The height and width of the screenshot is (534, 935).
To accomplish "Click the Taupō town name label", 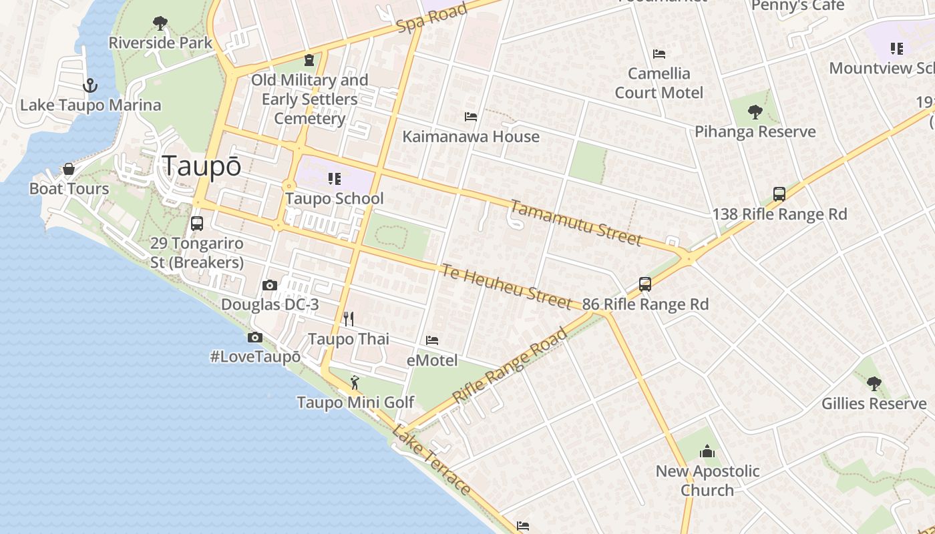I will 201,167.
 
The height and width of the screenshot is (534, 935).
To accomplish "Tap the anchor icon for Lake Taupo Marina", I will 89,85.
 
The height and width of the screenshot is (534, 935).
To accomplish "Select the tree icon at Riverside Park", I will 160,24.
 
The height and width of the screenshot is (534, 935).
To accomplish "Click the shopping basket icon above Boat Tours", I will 68,169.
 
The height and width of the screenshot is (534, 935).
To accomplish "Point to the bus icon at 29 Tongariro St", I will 196,224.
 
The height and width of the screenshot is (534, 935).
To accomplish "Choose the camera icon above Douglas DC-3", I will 270,285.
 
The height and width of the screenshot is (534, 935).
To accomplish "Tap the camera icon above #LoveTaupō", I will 255,338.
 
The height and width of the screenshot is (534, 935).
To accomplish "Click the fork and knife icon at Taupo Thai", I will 348,318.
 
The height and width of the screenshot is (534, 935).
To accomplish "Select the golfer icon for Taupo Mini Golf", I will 355,382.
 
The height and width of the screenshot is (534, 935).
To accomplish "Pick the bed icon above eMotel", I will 432,340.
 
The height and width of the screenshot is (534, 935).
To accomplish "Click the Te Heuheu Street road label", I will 506,286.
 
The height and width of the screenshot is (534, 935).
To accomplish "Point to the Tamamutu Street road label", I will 576,222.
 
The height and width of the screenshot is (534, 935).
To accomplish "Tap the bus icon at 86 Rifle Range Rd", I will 644,284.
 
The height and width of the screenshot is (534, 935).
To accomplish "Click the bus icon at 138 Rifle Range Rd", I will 779,194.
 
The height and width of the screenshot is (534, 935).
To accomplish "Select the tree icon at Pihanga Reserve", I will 755,111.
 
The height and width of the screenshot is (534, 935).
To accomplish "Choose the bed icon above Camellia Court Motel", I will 659,53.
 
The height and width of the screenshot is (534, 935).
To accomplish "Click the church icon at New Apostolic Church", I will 707,452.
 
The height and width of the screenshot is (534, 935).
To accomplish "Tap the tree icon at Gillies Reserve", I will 874,383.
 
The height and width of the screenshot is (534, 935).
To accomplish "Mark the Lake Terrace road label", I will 431,460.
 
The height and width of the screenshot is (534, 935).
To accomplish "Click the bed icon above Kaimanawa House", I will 471,117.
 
